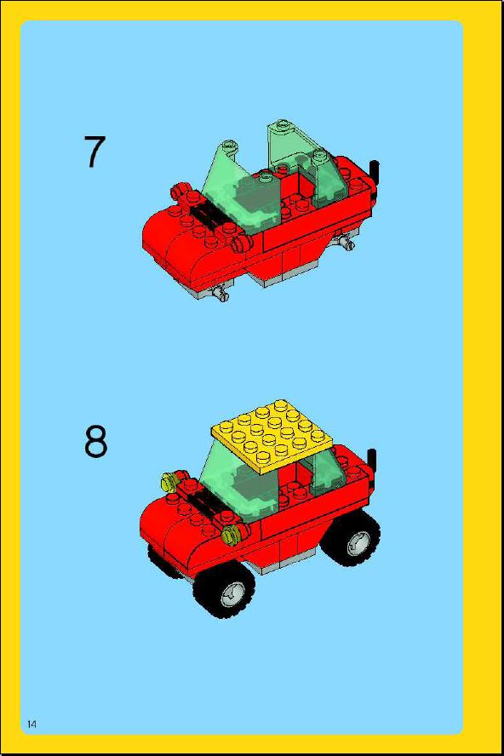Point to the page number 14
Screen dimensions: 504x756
click(x=31, y=724)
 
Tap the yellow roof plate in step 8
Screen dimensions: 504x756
click(x=274, y=437)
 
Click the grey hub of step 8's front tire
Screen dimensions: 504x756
click(x=234, y=593)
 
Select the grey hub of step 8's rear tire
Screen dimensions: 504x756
click(x=357, y=542)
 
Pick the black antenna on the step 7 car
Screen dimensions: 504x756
click(x=375, y=175)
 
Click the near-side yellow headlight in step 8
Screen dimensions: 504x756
click(x=232, y=533)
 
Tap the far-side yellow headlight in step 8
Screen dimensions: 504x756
click(x=169, y=481)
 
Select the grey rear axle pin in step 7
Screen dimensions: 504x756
click(x=346, y=242)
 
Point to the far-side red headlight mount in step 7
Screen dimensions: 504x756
click(x=180, y=192)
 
